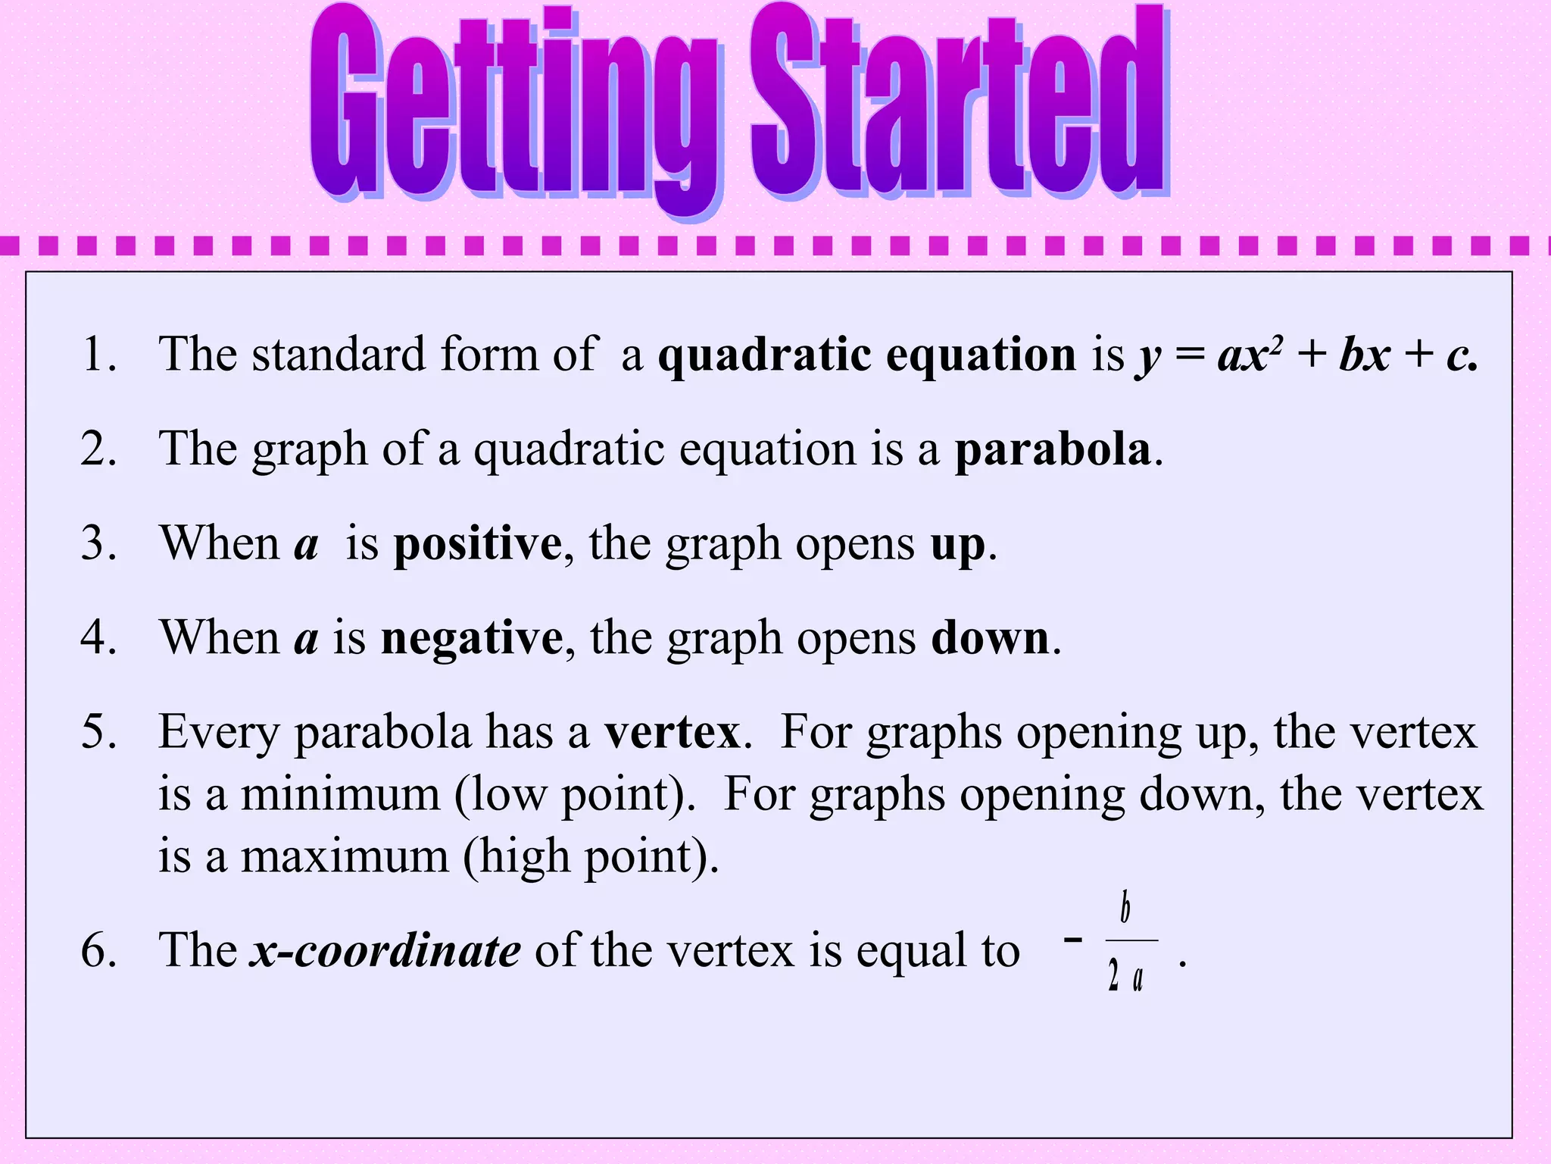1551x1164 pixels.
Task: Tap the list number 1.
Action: tap(97, 355)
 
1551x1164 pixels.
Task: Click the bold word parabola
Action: tap(1053, 449)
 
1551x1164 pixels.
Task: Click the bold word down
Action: tap(990, 638)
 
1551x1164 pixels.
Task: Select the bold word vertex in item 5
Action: tap(672, 733)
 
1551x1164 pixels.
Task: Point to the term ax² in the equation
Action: tap(1250, 355)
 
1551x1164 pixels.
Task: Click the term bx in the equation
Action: tap(1364, 355)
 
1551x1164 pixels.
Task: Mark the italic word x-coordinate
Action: tap(385, 950)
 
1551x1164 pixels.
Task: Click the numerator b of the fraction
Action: tap(1125, 908)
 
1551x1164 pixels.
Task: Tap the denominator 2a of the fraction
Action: tap(1125, 976)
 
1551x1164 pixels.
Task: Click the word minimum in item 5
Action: tap(340, 795)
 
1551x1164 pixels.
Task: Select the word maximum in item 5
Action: tap(345, 857)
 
